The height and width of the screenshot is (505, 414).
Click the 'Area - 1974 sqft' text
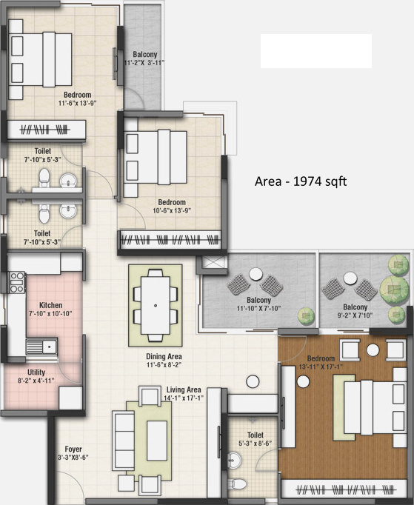point(300,181)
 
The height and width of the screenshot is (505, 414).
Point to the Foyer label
point(73,448)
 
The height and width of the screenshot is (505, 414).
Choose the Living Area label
point(184,389)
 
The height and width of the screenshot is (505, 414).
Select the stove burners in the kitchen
point(16,283)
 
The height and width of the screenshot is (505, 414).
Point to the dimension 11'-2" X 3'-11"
point(144,63)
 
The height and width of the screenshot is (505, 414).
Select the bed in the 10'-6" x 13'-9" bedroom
point(158,158)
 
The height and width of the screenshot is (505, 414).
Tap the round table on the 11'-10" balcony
point(256,274)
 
